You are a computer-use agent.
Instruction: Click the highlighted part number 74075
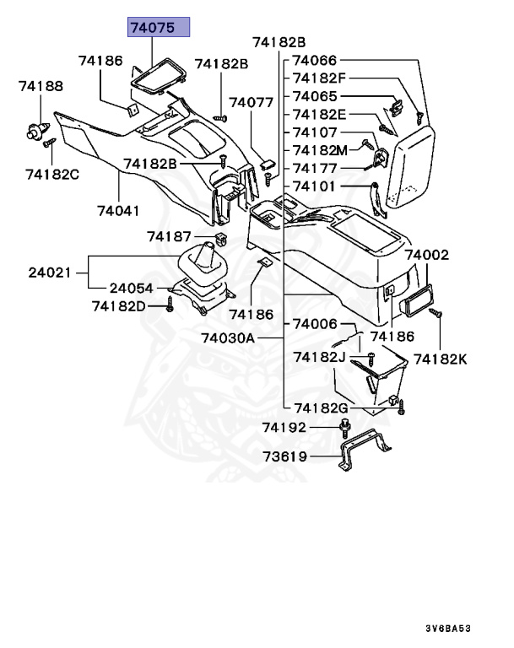[x=158, y=28]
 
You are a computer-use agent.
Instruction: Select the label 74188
[x=41, y=86]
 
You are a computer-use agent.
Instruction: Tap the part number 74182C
[x=51, y=174]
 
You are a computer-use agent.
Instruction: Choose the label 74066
[x=315, y=61]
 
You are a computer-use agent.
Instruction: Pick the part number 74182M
[x=320, y=149]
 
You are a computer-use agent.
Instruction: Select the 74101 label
[x=315, y=186]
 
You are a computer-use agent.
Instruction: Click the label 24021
[x=50, y=273]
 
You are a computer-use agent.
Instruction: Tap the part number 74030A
[x=227, y=338]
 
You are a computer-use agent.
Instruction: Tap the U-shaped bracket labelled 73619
[x=368, y=454]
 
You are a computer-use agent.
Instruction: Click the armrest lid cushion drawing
[x=411, y=164]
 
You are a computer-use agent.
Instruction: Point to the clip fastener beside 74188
[x=34, y=130]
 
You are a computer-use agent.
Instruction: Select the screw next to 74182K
[x=436, y=315]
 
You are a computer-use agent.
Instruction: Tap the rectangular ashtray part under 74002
[x=417, y=299]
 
